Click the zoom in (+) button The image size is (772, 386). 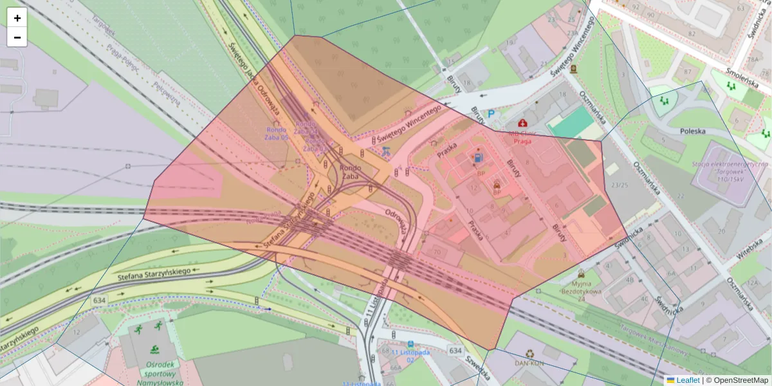(x=17, y=18)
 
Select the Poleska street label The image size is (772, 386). (x=692, y=131)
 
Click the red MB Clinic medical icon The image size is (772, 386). (x=522, y=122)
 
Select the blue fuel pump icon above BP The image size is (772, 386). (x=478, y=158)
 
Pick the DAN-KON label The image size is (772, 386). (x=529, y=363)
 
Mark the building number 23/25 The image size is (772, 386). (x=620, y=185)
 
